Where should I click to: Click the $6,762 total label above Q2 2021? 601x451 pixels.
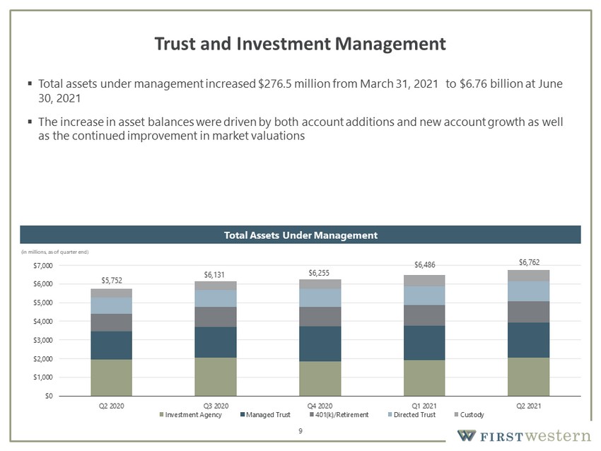coord(529,262)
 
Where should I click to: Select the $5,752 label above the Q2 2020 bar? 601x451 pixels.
coord(112,281)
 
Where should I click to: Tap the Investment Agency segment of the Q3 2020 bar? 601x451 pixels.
coord(216,377)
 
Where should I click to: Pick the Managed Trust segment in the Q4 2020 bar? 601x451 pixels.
coord(320,344)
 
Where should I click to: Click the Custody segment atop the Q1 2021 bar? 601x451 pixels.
coord(424,281)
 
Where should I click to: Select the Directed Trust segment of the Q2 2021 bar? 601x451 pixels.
coord(529,291)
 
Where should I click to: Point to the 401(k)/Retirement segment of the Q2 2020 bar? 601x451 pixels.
coord(112,322)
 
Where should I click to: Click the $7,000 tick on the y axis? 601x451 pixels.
coord(43,266)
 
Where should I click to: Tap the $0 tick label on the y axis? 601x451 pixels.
coord(49,396)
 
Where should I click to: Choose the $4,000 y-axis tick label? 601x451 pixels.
coord(43,322)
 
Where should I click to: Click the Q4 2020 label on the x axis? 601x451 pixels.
coord(320,406)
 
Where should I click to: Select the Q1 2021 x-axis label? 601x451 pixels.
coord(424,406)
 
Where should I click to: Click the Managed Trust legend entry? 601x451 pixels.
coord(265,415)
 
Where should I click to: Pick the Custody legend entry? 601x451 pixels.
coord(469,415)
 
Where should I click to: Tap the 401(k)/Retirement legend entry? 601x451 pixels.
coord(339,415)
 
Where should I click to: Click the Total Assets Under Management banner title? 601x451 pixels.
coord(301,235)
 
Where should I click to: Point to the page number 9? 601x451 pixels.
coord(300,431)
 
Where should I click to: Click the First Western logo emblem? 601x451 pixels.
coord(467,435)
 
